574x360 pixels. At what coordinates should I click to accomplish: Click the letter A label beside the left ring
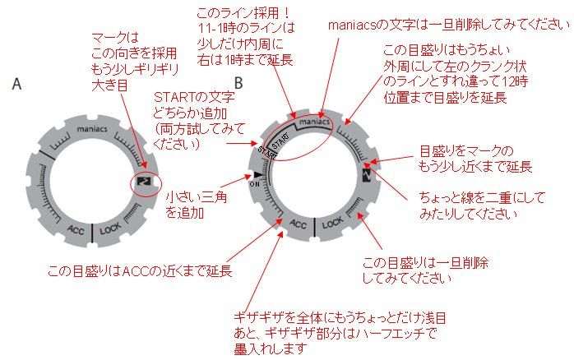17,84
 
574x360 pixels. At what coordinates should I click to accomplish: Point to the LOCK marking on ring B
333,222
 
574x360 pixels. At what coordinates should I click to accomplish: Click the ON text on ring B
253,184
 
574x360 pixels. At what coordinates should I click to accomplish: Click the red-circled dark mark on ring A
144,180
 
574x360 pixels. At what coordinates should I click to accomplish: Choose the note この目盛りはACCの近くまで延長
139,270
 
